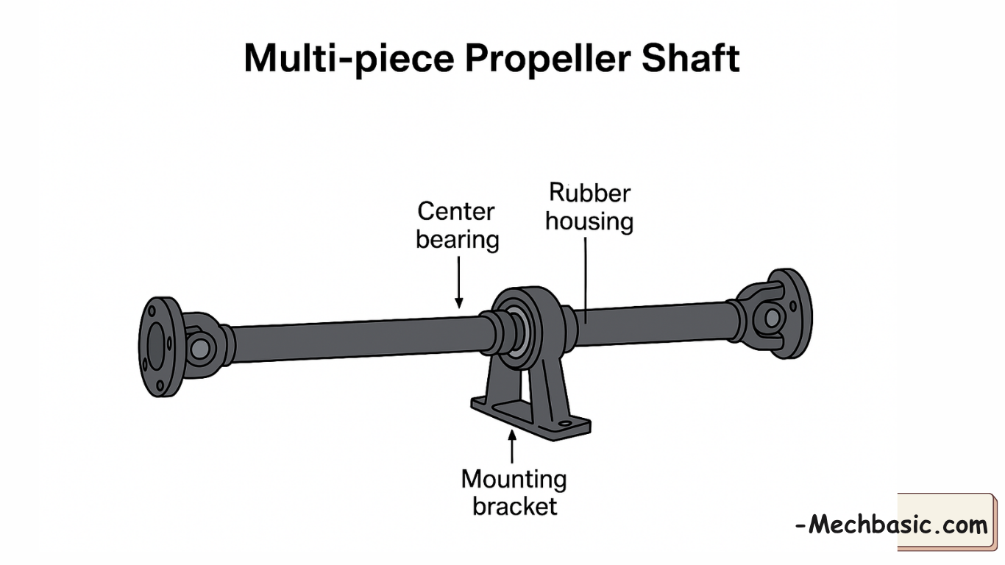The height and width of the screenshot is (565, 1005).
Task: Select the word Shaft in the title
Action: pos(690,58)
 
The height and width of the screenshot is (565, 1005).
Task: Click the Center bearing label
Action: pos(457,225)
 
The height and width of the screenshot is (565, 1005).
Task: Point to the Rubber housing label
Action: pos(589,207)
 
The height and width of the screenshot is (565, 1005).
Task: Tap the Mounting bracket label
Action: pos(514,492)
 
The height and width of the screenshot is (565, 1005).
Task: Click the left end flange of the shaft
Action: pos(157,347)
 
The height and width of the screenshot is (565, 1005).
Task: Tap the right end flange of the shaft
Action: pos(794,313)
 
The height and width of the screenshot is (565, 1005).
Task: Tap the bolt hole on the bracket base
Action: pos(564,423)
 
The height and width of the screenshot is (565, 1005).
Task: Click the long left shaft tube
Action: pos(353,338)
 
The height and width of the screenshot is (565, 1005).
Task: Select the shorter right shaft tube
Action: pos(655,324)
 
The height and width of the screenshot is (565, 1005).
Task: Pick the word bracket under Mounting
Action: pos(515,506)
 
